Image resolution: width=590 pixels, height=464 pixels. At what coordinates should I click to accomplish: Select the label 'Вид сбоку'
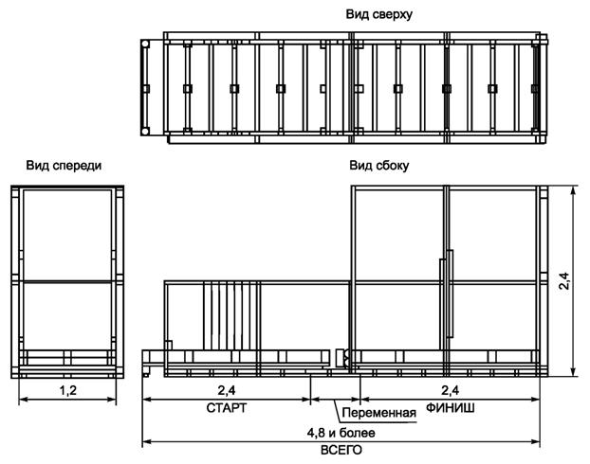(379, 166)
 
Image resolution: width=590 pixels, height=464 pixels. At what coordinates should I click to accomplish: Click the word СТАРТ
(226, 408)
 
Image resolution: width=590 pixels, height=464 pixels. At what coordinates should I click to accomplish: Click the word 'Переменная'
(379, 414)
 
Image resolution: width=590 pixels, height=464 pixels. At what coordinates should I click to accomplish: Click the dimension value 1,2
(68, 389)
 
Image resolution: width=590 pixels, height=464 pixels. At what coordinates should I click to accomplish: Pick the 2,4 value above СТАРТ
(228, 389)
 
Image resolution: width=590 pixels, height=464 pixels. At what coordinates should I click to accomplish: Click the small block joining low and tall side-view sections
(340, 358)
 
